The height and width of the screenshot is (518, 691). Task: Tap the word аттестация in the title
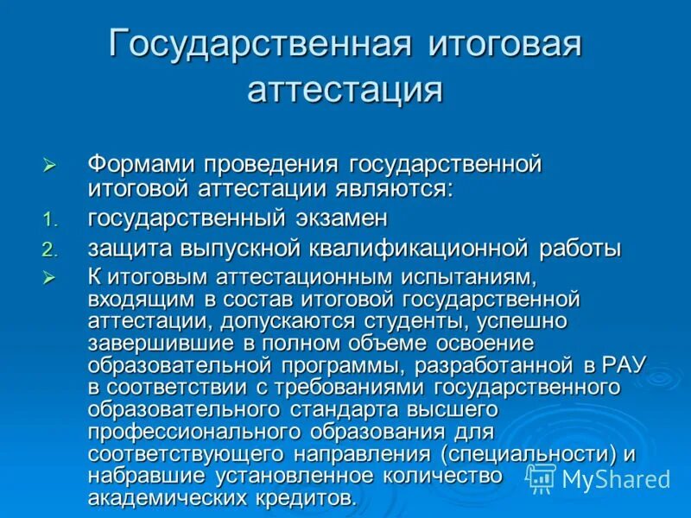click(345, 89)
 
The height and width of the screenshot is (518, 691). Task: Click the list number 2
click(49, 250)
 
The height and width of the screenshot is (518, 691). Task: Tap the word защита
click(130, 250)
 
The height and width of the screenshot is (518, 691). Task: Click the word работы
click(580, 249)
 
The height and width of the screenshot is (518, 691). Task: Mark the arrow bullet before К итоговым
click(49, 278)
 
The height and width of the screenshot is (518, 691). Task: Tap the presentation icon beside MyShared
click(541, 478)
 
